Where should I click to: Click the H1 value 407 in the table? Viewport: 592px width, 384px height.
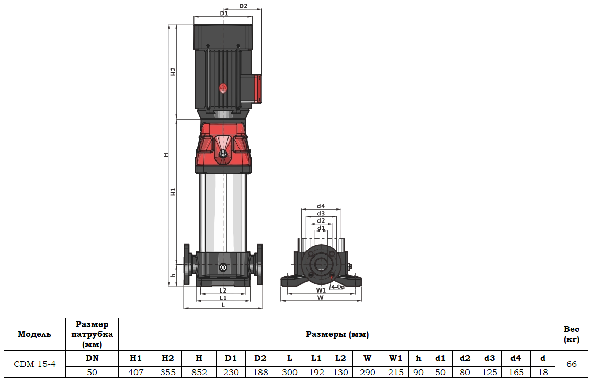coord(135,372)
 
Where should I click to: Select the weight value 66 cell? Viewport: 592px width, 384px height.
coord(571,364)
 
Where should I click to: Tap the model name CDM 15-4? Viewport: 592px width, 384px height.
coord(35,364)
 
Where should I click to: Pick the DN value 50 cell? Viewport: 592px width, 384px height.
coord(92,372)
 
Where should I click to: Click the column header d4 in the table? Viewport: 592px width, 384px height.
coord(516,358)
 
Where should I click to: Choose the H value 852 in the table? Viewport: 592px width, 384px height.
coord(199,372)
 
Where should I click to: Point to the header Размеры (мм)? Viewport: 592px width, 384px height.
coord(337,334)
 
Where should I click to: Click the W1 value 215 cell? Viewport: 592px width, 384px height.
coord(395,372)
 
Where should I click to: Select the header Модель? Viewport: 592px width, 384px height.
coord(35,334)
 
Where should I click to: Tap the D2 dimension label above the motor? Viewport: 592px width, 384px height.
coord(243,6)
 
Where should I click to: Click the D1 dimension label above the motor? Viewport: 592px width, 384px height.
coord(224,13)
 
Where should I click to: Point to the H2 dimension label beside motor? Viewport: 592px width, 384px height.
coord(173,72)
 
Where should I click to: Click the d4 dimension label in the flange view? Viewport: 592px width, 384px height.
coord(321,206)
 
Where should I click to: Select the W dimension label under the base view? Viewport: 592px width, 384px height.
coord(321,297)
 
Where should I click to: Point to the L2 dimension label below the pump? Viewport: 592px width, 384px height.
coord(223,290)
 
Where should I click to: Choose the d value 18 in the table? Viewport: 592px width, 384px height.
coord(542,372)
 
